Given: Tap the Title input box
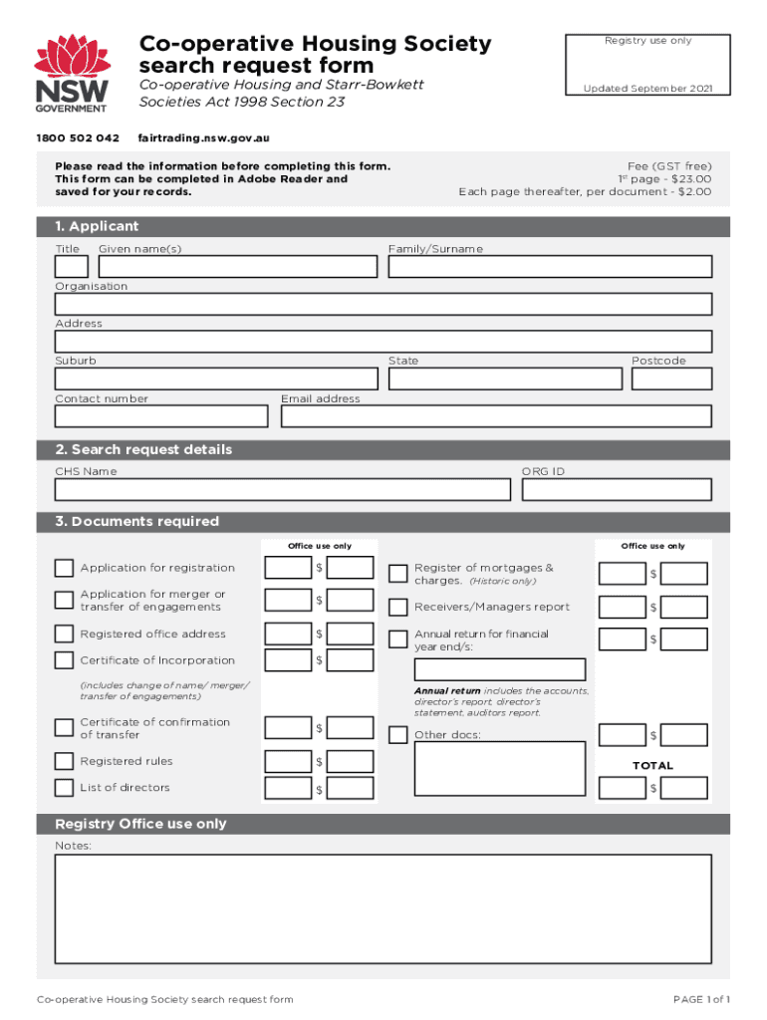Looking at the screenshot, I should coord(71,267).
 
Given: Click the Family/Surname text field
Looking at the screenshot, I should coord(550,267).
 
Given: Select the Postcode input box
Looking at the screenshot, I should coord(671,379).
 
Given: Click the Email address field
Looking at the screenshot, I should coord(496,416).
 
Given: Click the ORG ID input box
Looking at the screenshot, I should coord(616,489).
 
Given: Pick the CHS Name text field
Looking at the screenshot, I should coord(282,489).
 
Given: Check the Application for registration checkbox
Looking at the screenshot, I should coord(64,568).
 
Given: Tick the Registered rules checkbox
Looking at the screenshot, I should coord(64,762).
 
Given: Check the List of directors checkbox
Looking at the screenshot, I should coord(64,788).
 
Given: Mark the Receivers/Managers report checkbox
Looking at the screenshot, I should coord(397,607).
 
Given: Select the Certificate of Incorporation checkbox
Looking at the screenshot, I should coord(64,660).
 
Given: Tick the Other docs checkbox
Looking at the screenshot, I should coord(397,735).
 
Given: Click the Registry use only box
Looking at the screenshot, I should coord(646,65).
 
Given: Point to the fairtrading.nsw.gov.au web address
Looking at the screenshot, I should coord(204,137).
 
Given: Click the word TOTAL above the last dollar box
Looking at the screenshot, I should coord(652,765).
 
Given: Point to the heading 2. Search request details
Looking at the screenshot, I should coord(143,449).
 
